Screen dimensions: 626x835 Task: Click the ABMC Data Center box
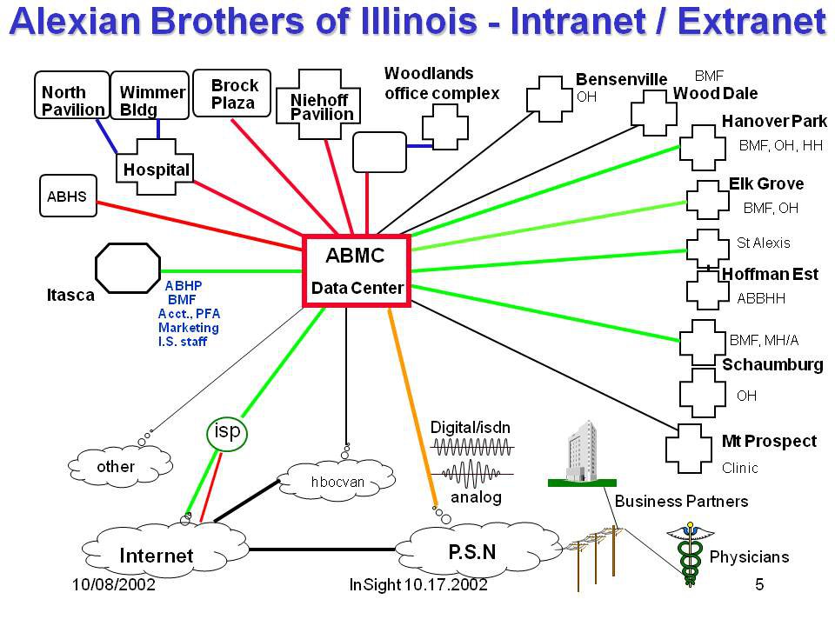(x=357, y=270)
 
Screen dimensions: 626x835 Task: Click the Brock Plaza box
(x=234, y=94)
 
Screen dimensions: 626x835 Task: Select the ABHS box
(x=67, y=196)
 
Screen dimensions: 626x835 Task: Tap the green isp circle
(x=227, y=432)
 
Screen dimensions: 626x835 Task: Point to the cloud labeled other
(x=116, y=467)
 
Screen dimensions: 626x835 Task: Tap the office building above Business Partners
(x=580, y=452)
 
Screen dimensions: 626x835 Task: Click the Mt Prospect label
(x=769, y=441)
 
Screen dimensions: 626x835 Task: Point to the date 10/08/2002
(x=112, y=585)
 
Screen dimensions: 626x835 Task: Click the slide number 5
(x=759, y=585)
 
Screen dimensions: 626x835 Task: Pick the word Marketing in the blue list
(x=189, y=328)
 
